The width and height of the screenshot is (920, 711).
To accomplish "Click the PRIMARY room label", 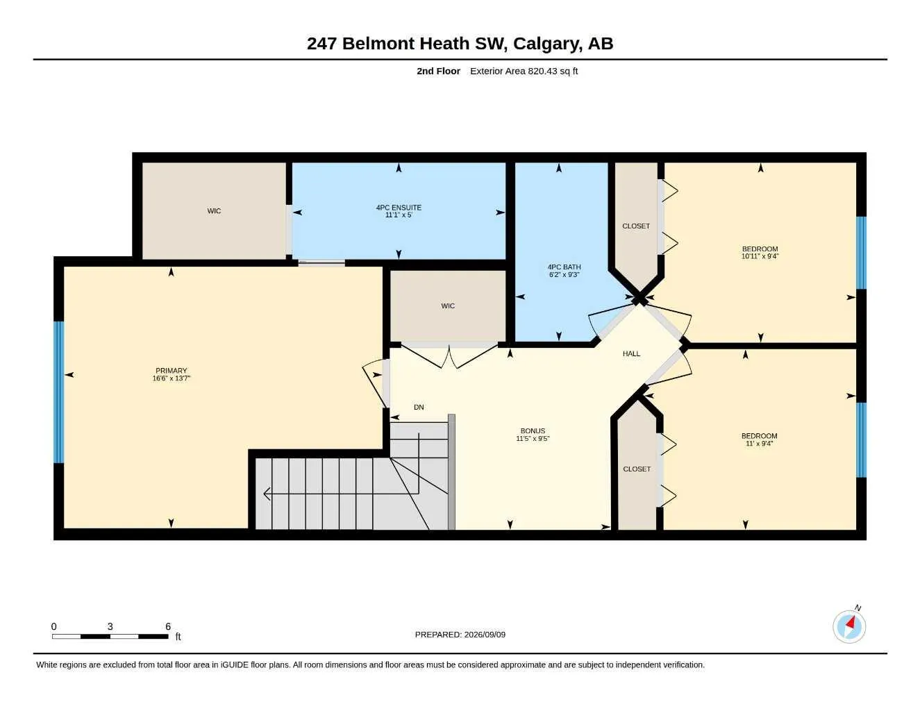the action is (x=171, y=370).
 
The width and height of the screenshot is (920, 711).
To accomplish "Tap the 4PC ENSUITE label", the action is (x=399, y=208).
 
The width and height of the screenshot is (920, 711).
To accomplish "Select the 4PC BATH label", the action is (x=564, y=267).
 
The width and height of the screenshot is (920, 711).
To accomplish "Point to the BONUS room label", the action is (x=533, y=430).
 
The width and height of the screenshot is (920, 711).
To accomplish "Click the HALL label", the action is (x=631, y=354).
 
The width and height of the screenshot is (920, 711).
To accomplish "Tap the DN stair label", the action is (x=419, y=407).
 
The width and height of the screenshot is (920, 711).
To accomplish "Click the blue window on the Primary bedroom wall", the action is (x=59, y=392).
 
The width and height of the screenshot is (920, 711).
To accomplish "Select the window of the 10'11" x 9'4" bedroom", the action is (x=861, y=253).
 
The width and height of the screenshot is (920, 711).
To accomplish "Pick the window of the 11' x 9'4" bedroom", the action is (x=861, y=440).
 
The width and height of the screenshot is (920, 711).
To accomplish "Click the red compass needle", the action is (x=850, y=623).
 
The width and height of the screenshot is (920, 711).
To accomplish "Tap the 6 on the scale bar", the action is (x=168, y=626).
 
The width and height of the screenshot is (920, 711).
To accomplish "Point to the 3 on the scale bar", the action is (x=110, y=626).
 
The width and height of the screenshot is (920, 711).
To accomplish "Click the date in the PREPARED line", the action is (x=485, y=635).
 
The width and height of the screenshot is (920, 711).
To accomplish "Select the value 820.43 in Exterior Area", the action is (x=542, y=71).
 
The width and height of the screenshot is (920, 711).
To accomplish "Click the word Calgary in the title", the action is (x=546, y=44).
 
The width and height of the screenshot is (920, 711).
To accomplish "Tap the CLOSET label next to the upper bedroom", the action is (x=636, y=226).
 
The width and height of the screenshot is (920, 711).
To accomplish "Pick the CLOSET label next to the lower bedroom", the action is (x=637, y=469).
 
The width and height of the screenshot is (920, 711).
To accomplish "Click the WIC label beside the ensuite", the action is (x=215, y=211).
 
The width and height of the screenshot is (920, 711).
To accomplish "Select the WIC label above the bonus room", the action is (x=448, y=306).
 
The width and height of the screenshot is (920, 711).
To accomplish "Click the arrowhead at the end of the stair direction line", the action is (x=267, y=494).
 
